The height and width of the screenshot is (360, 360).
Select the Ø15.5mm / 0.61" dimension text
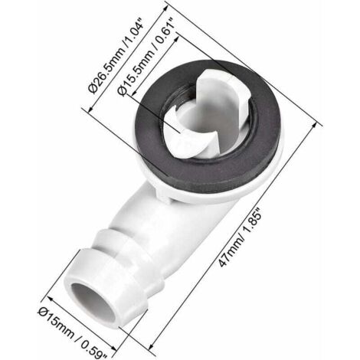146,57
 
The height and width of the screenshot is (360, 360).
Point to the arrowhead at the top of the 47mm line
315,125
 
